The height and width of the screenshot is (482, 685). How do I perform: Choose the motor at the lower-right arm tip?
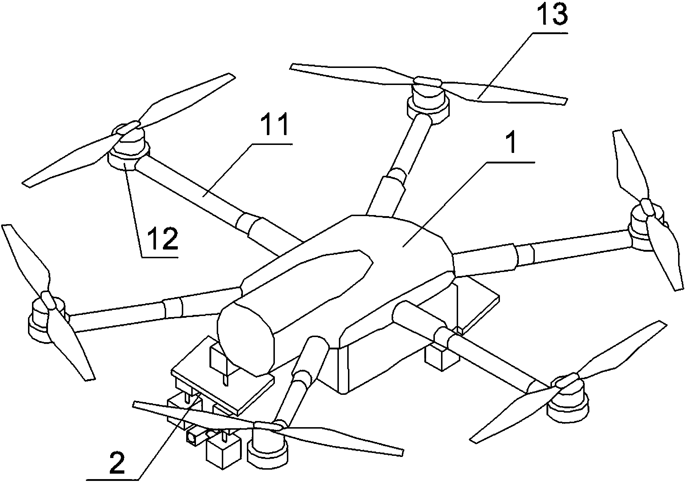pos(569,401)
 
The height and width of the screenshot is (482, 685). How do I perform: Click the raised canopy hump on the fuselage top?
pos(320,276)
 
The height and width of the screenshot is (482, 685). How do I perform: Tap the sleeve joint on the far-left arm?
pos(173,308)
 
